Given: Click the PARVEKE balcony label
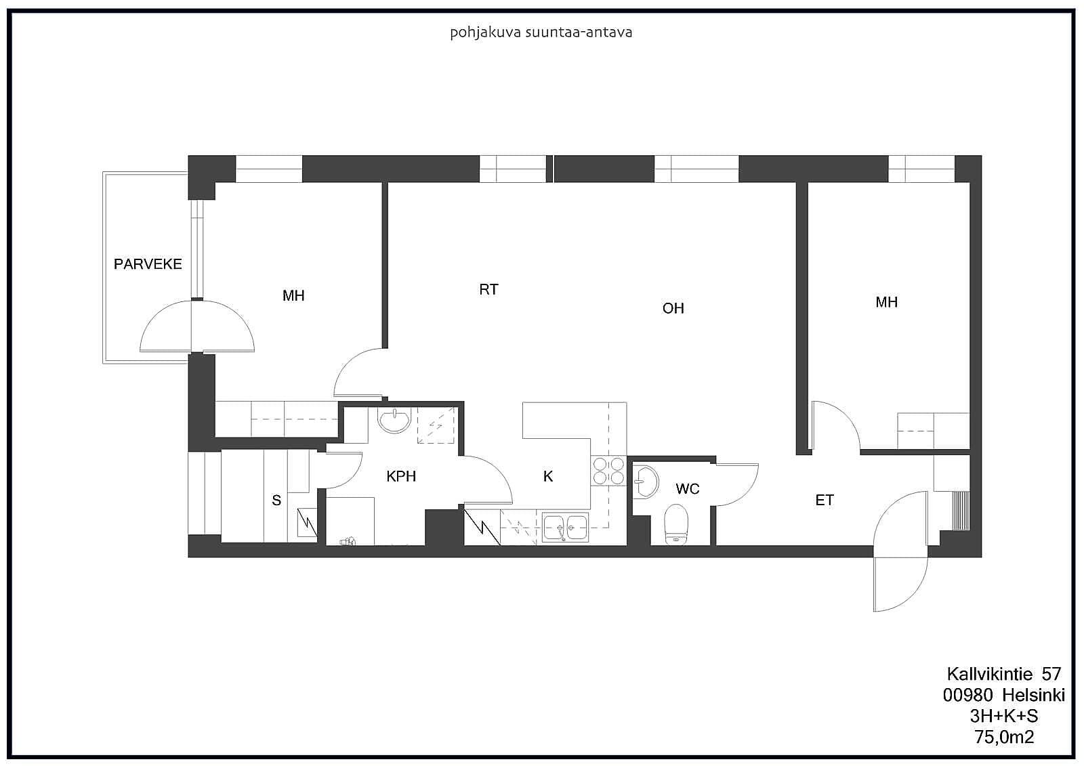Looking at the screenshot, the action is pos(148,264).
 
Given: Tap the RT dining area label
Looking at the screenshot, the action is pos(488,289).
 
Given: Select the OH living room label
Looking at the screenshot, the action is pos(673,308).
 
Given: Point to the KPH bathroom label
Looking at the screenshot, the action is pos(401,476).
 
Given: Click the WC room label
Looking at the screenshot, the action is pos(688,489).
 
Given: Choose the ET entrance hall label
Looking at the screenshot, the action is pos(825,500).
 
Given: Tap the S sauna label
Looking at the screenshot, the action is pos(276,500).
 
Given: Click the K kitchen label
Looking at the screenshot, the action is pos(548,476).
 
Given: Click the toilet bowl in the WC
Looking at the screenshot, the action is pos(677,524).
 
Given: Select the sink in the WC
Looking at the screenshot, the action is pos(646,482).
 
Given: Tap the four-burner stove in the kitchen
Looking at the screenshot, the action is pos(608,471).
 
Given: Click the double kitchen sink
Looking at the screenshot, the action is pos(565,528).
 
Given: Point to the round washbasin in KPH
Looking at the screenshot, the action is pos(394,420).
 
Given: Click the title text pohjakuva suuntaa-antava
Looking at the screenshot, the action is pos(541,33).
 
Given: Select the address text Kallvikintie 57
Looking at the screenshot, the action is pos(1003,674).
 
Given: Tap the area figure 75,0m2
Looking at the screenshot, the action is pos(1004,737).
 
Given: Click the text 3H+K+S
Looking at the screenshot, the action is pos(1003,716).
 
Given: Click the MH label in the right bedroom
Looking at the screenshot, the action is pos(887,302).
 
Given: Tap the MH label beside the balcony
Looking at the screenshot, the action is pos(293,295).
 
